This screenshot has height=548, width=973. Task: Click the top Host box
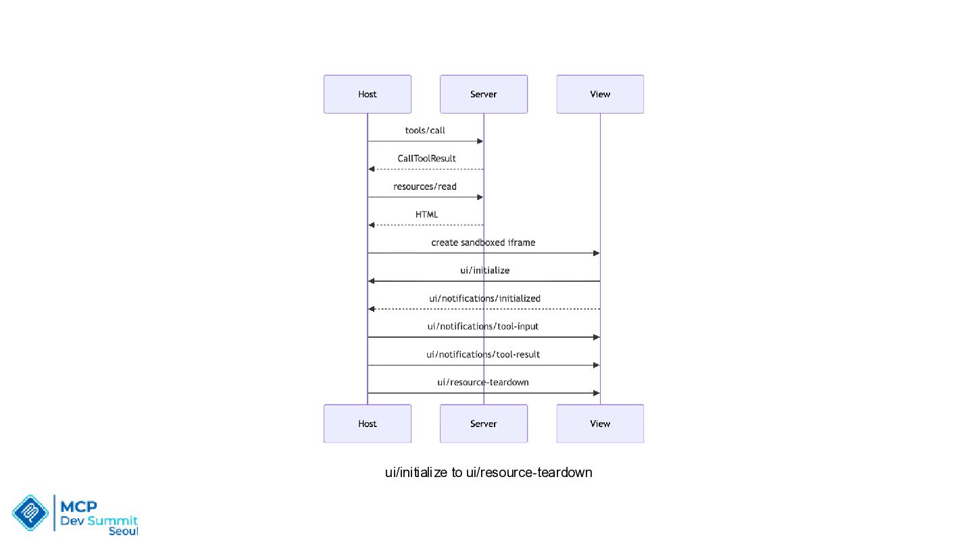368,94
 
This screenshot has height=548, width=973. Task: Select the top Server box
484,94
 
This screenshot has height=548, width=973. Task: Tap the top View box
600,94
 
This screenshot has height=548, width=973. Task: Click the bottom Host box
368,424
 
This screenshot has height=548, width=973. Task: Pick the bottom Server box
484,424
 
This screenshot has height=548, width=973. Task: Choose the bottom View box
600,424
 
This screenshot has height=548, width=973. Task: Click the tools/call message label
425,130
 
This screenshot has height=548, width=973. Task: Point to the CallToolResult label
426,159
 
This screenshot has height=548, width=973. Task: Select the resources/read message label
425,186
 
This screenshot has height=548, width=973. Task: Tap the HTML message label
426,214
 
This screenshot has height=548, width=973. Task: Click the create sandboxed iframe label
483,243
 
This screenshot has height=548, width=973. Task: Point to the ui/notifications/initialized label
484,299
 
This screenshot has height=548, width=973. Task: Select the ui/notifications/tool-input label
483,326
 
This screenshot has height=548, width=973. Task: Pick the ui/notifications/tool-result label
483,355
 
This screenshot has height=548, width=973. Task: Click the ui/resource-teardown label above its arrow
483,382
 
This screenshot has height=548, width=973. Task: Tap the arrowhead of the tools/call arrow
480,141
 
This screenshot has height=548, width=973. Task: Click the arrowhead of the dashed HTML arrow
372,225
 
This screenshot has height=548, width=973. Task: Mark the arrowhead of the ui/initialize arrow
372,281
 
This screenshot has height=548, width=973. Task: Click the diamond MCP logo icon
30,513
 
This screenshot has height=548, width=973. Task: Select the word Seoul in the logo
124,532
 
